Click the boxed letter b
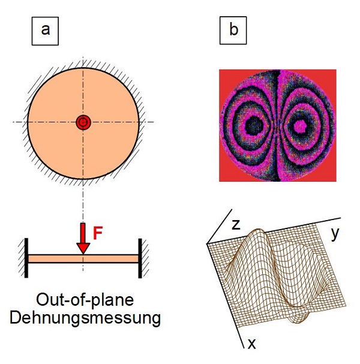point(233,30)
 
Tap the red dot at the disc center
point(83,122)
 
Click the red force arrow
point(83,239)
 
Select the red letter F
point(98,233)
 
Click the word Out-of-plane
point(85,301)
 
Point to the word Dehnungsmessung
point(85,318)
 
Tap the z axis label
point(236,225)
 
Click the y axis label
point(335,234)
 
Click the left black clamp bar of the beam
point(26,258)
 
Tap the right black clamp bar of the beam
point(140,258)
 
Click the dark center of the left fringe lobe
point(254,125)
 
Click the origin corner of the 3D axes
point(207,243)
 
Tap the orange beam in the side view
point(83,259)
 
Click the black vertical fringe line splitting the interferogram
point(277,125)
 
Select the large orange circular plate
point(58,98)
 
